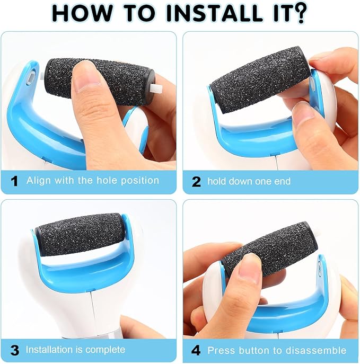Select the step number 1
(14, 181)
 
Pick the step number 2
(196, 182)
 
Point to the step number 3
(15, 350)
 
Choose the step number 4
(196, 350)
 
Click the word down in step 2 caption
(242, 181)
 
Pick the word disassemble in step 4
(321, 350)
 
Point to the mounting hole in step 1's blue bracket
(31, 77)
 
